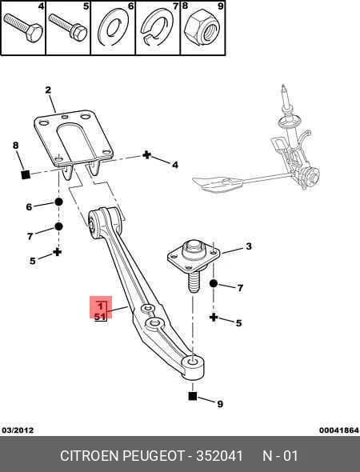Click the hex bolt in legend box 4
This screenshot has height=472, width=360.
[23, 28]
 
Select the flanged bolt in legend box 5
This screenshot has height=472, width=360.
[68, 27]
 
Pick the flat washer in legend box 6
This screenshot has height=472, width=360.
[113, 27]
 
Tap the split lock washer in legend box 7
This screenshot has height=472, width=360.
[158, 26]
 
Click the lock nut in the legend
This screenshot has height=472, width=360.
[202, 28]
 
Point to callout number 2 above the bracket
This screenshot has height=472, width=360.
[48, 90]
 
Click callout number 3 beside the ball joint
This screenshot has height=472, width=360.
[248, 246]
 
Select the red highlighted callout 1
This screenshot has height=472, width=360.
[101, 307]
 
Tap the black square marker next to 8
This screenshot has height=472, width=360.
[26, 174]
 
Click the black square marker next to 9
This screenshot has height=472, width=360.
[192, 396]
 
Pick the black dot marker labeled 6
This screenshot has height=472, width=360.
[58, 202]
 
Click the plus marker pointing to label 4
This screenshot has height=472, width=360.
[146, 155]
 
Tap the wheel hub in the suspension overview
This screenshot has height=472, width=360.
[309, 177]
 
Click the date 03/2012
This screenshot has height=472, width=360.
[18, 430]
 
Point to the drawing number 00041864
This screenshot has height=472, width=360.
[339, 430]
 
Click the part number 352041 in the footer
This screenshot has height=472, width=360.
[219, 456]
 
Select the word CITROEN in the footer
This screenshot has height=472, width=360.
[89, 456]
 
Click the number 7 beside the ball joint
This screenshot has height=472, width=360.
[240, 288]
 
